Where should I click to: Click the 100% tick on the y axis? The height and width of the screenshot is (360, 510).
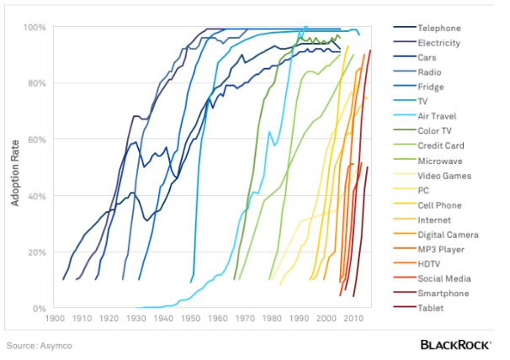pos(35,28)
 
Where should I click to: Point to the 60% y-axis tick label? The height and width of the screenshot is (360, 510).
pos(36,140)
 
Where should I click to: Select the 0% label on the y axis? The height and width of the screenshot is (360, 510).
pos(39,309)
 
